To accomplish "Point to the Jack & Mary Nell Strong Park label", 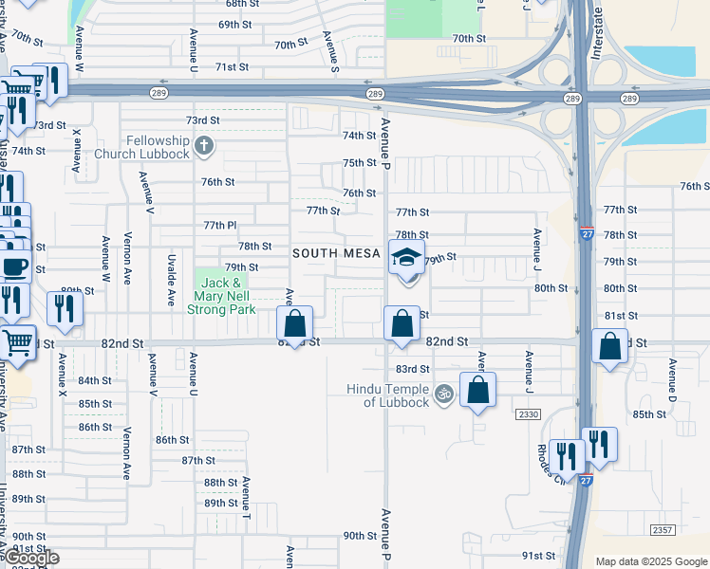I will pos(224,295).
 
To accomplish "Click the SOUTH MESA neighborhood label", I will pos(336,253).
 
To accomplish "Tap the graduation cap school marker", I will pos(406,258).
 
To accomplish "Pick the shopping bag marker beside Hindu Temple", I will pos(477,390).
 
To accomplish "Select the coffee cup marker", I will pos(14,266).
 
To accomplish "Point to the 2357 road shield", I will pos(661,529).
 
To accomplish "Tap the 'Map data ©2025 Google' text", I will pos(651,561).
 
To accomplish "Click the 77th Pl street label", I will pos(219,225).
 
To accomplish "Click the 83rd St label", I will pos(413,369).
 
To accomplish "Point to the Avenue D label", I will pos(671,379).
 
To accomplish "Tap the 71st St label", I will pos(232,67).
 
